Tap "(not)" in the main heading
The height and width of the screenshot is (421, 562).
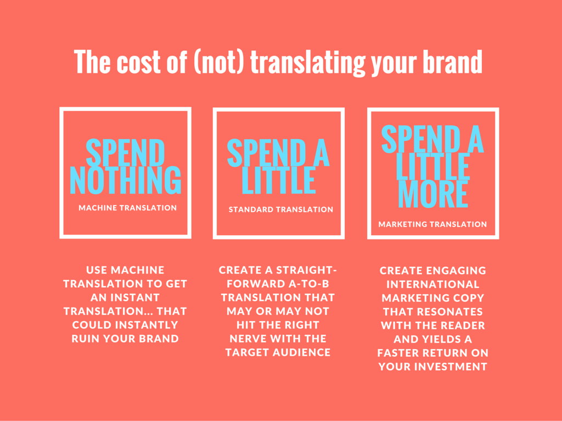[219, 62]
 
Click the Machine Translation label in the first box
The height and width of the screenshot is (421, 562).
[127, 208]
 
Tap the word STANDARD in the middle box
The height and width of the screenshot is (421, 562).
[251, 209]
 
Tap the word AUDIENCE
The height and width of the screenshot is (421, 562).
[301, 352]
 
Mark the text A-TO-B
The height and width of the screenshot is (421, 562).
[308, 284]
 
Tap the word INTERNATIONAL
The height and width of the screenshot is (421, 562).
[433, 285]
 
